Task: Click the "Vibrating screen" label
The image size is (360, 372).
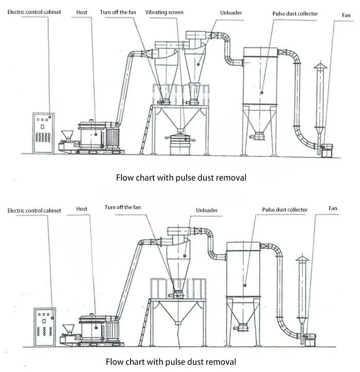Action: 164,12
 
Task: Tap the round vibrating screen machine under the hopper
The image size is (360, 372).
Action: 180,144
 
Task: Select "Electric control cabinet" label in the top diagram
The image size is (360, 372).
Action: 34,12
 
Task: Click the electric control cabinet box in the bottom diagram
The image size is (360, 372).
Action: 45,327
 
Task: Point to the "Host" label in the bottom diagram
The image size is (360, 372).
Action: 82,209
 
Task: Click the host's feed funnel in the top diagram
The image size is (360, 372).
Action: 67,136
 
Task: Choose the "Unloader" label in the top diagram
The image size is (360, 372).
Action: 231,13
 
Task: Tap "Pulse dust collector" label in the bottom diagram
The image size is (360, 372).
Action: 285,210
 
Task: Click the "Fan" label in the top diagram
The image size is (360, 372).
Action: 346,15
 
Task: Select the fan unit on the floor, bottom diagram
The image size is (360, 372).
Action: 310,340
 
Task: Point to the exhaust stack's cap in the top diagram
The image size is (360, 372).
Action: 320,66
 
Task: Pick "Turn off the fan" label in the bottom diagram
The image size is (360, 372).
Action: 122,207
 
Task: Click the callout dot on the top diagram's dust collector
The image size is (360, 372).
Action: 262,93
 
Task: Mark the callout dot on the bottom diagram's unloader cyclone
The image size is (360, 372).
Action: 185,256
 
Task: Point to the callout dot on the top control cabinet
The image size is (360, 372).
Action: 50,117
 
